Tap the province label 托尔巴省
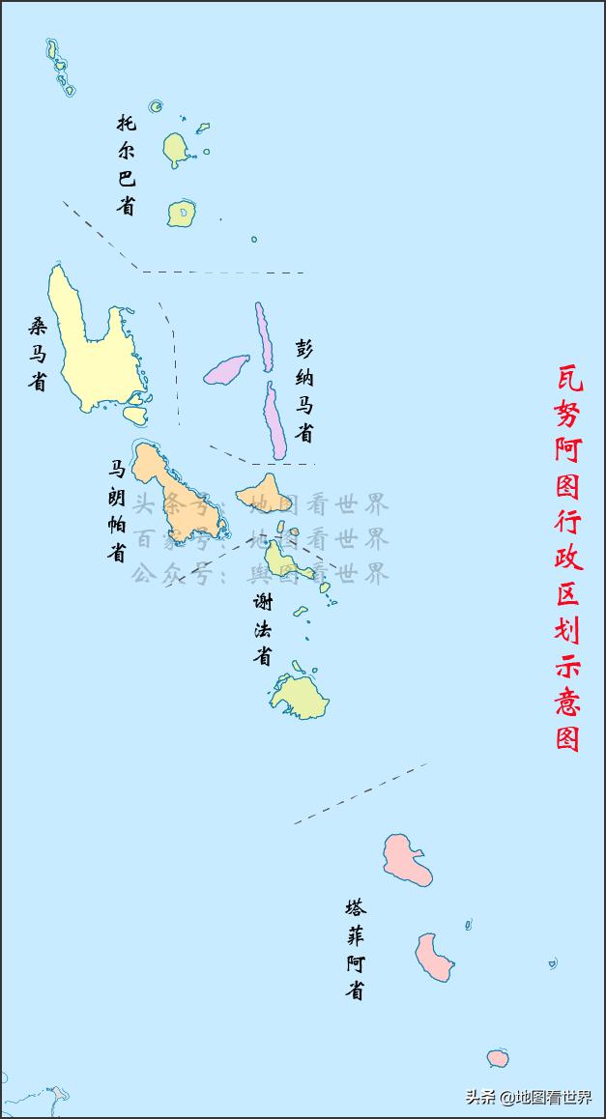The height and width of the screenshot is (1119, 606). (x=127, y=164)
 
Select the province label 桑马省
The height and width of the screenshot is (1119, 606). (x=37, y=354)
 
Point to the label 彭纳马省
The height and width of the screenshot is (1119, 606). (x=304, y=390)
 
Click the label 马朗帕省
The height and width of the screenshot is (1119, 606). (x=116, y=510)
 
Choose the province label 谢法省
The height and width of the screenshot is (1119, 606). (x=262, y=628)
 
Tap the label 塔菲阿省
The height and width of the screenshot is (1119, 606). (x=356, y=949)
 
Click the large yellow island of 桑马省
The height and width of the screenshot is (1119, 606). (x=92, y=348)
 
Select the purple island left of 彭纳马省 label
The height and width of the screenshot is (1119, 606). (x=227, y=368)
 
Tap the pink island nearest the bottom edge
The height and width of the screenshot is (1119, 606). (x=498, y=1058)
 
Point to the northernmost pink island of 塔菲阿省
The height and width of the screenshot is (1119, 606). (x=406, y=858)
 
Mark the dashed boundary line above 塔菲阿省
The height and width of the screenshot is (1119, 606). (x=360, y=793)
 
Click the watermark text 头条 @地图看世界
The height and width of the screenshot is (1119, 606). (x=529, y=1097)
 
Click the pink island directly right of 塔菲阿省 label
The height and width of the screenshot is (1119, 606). (x=434, y=956)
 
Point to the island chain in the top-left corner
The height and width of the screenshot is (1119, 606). (x=59, y=66)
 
